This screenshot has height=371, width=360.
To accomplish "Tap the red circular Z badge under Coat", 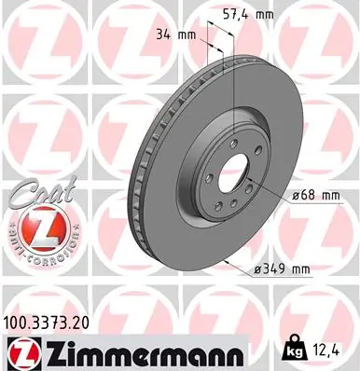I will click(36, 227).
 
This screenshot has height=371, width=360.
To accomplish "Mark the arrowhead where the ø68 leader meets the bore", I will click(248, 179).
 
